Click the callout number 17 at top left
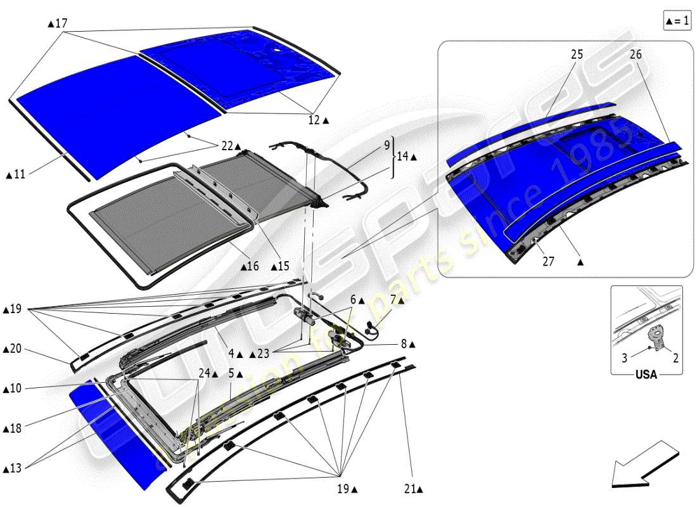60,23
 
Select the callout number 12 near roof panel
315,119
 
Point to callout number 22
227,146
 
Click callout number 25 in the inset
576,55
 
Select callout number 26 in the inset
636,55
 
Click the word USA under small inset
646,375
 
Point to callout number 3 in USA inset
624,358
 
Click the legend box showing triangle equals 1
676,21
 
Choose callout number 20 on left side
15,349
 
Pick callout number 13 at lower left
15,468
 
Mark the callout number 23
266,354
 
